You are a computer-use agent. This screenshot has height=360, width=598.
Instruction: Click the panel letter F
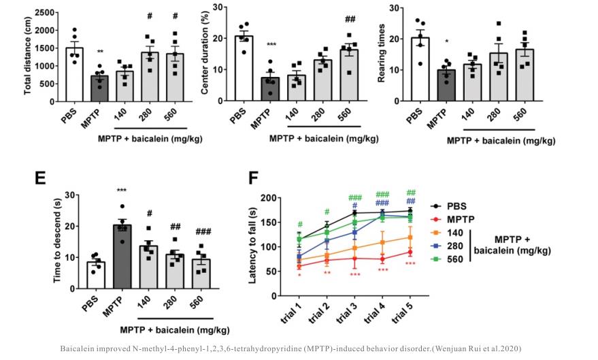point(254,179)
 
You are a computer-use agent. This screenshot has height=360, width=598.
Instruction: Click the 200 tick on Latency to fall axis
point(269,198)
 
